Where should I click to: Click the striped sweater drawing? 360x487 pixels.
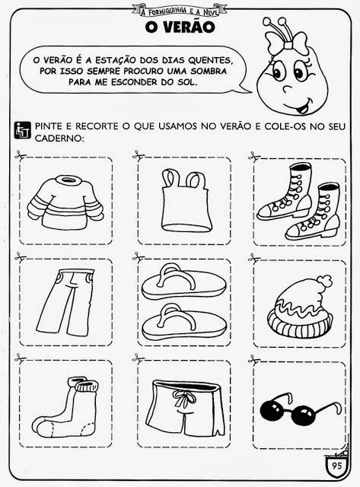(66, 202)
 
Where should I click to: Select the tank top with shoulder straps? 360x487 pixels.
(186, 201)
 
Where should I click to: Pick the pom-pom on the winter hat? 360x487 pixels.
(324, 281)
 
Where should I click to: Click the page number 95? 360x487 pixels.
(336, 465)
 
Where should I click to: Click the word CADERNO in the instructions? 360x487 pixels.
(59, 138)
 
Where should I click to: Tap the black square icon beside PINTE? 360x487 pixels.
(23, 130)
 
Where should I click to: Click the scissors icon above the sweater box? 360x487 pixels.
(21, 154)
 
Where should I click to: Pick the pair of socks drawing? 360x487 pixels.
(66, 407)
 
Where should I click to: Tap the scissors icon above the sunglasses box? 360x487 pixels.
(254, 360)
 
